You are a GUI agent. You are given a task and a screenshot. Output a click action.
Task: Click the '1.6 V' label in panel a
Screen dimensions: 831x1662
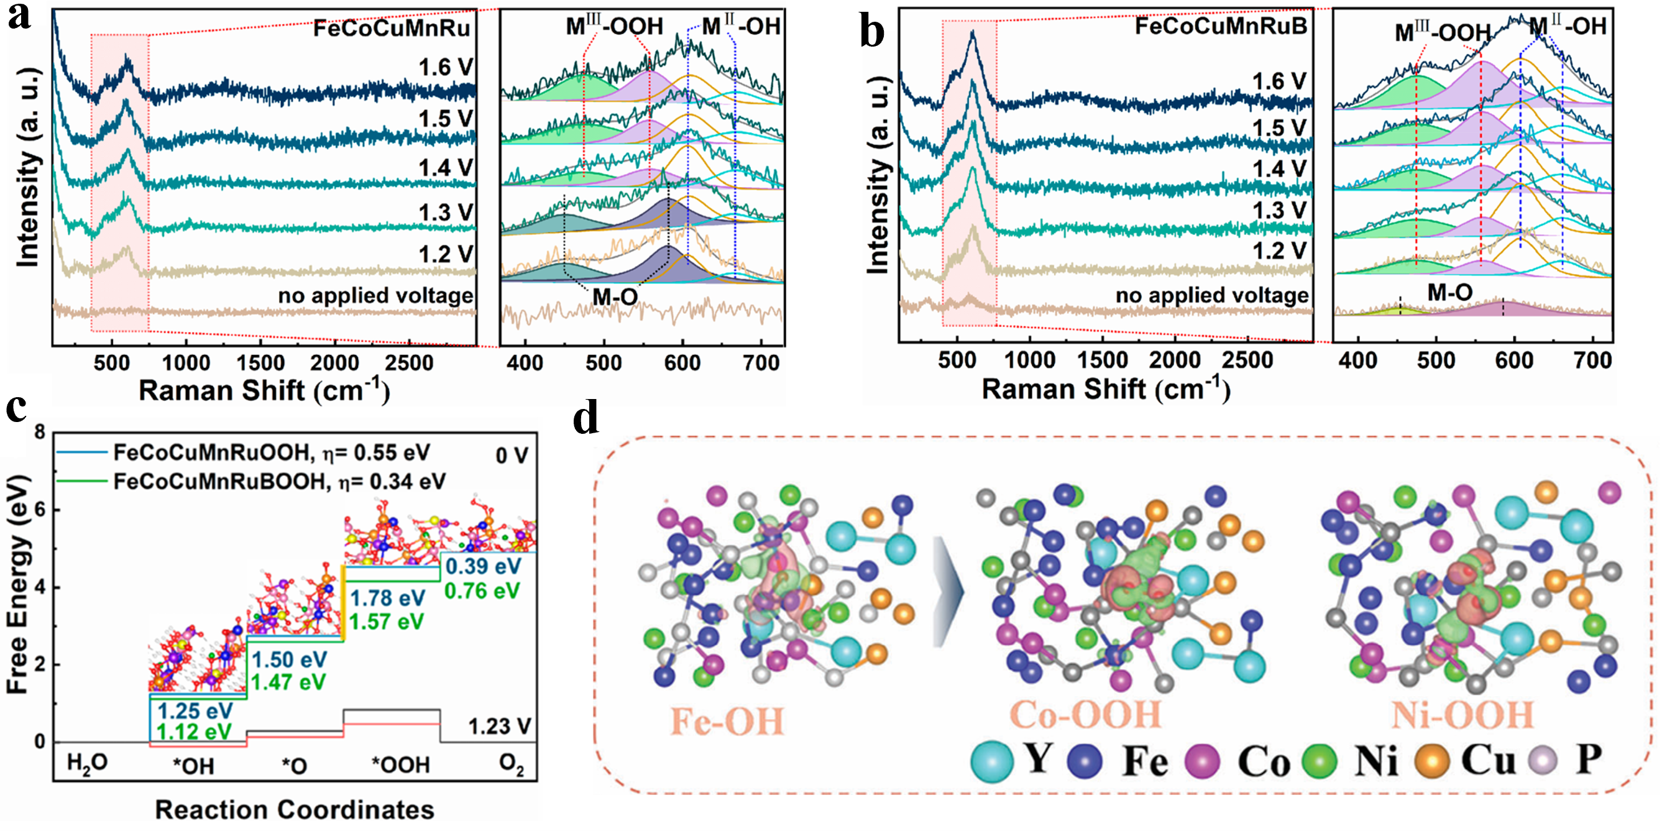tap(446, 67)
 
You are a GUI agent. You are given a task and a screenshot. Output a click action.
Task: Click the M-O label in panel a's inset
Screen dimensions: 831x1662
tap(615, 297)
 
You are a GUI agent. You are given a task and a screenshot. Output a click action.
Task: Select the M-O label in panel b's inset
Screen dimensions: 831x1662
tap(1449, 293)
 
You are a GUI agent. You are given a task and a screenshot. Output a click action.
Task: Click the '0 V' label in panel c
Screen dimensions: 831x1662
tap(512, 456)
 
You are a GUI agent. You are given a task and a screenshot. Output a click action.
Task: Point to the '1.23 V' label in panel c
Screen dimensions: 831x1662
tap(499, 727)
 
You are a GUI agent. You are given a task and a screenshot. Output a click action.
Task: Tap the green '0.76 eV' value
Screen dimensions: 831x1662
tap(482, 590)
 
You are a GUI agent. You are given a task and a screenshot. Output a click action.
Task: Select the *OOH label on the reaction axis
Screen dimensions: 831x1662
tap(400, 765)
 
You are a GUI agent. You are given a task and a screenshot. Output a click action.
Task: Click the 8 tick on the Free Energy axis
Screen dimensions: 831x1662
tap(40, 432)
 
